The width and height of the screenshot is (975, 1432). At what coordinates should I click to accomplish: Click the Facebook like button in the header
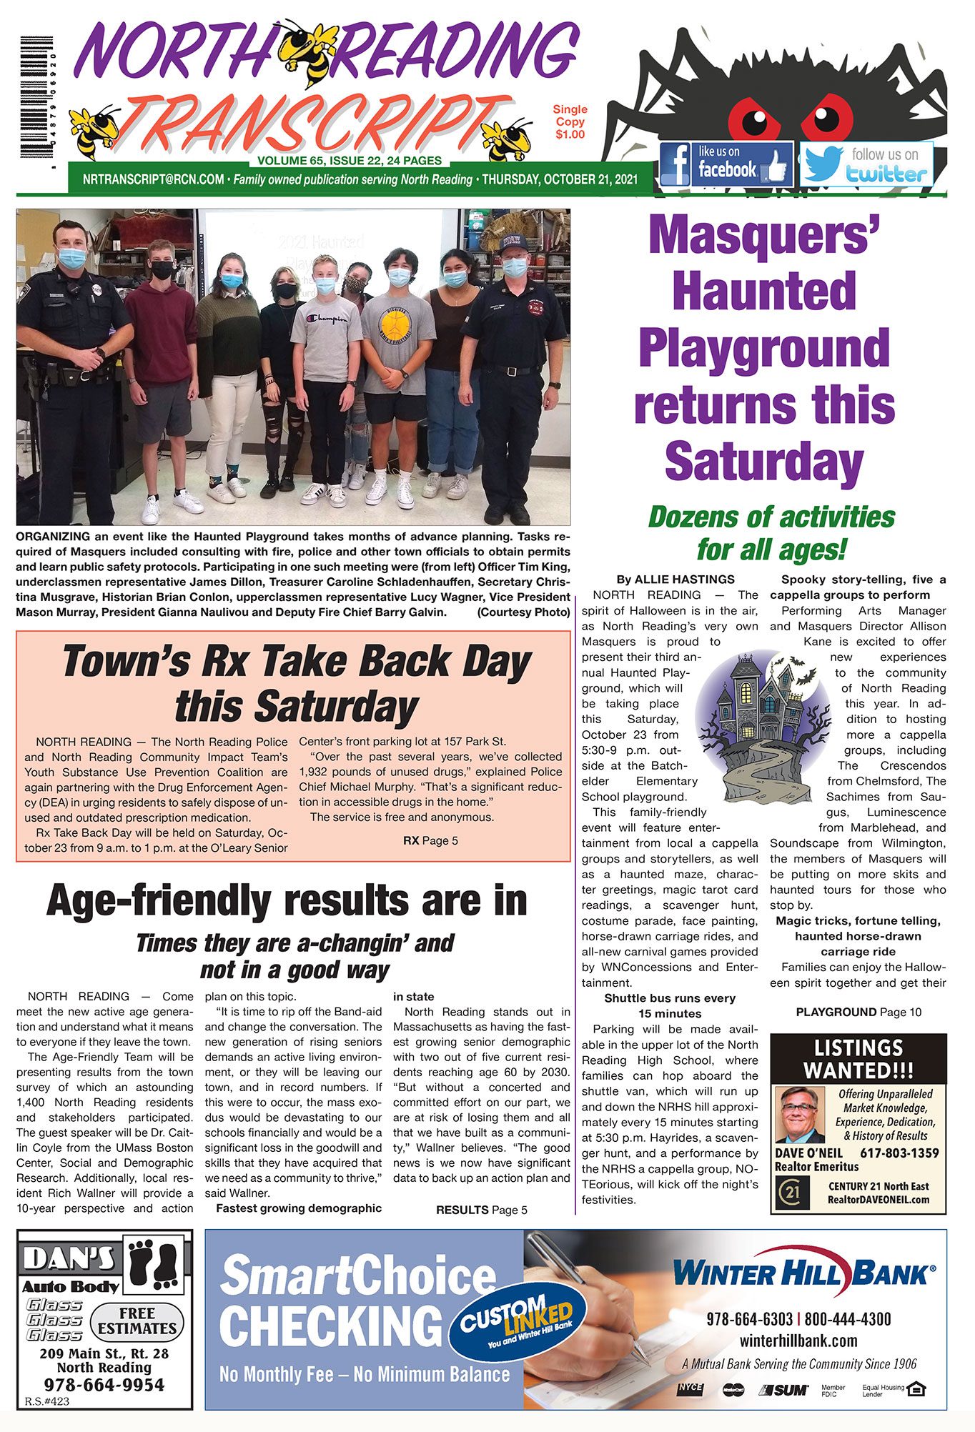click(x=726, y=164)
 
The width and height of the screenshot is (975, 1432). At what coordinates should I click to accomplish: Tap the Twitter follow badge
click(x=866, y=164)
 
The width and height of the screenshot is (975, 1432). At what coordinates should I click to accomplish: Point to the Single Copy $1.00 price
click(x=570, y=121)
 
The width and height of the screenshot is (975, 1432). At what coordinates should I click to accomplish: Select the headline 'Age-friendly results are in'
click(x=287, y=901)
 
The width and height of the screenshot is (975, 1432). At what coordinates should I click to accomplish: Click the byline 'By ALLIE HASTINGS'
click(x=675, y=579)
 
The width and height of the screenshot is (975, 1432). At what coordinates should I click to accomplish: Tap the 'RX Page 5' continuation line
click(x=430, y=840)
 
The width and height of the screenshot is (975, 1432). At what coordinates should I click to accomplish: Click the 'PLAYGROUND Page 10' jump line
click(x=858, y=1012)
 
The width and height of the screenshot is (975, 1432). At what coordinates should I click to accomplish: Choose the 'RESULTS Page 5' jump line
click(x=481, y=1210)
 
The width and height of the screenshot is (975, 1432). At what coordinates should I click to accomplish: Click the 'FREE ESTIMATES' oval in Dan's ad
click(x=137, y=1321)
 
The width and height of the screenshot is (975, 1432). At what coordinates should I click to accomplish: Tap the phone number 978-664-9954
click(x=104, y=1384)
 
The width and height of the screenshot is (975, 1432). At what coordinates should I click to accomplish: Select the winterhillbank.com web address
click(x=798, y=1341)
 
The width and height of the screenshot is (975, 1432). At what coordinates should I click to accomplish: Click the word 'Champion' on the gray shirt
click(x=328, y=319)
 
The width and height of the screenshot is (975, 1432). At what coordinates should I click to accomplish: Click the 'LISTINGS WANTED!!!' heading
click(x=858, y=1059)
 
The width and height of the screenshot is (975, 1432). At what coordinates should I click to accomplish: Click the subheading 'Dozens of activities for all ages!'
click(x=771, y=533)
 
